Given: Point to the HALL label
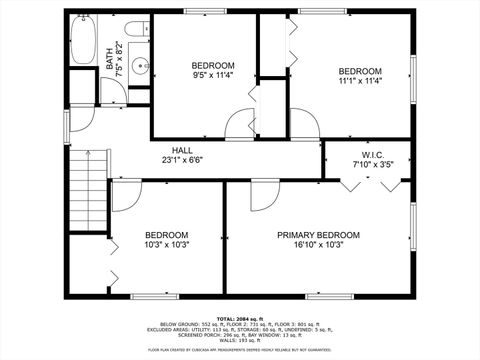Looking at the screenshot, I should tap(182, 149).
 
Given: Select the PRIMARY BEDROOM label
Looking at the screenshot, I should tap(318, 235).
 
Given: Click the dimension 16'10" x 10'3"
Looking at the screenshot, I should tap(318, 245).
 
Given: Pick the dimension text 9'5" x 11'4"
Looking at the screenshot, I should tap(214, 75).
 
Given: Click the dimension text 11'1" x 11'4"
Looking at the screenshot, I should tap(359, 82).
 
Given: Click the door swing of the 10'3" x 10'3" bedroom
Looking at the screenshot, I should tap(124, 196).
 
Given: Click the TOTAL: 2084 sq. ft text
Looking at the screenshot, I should tap(239, 317).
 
